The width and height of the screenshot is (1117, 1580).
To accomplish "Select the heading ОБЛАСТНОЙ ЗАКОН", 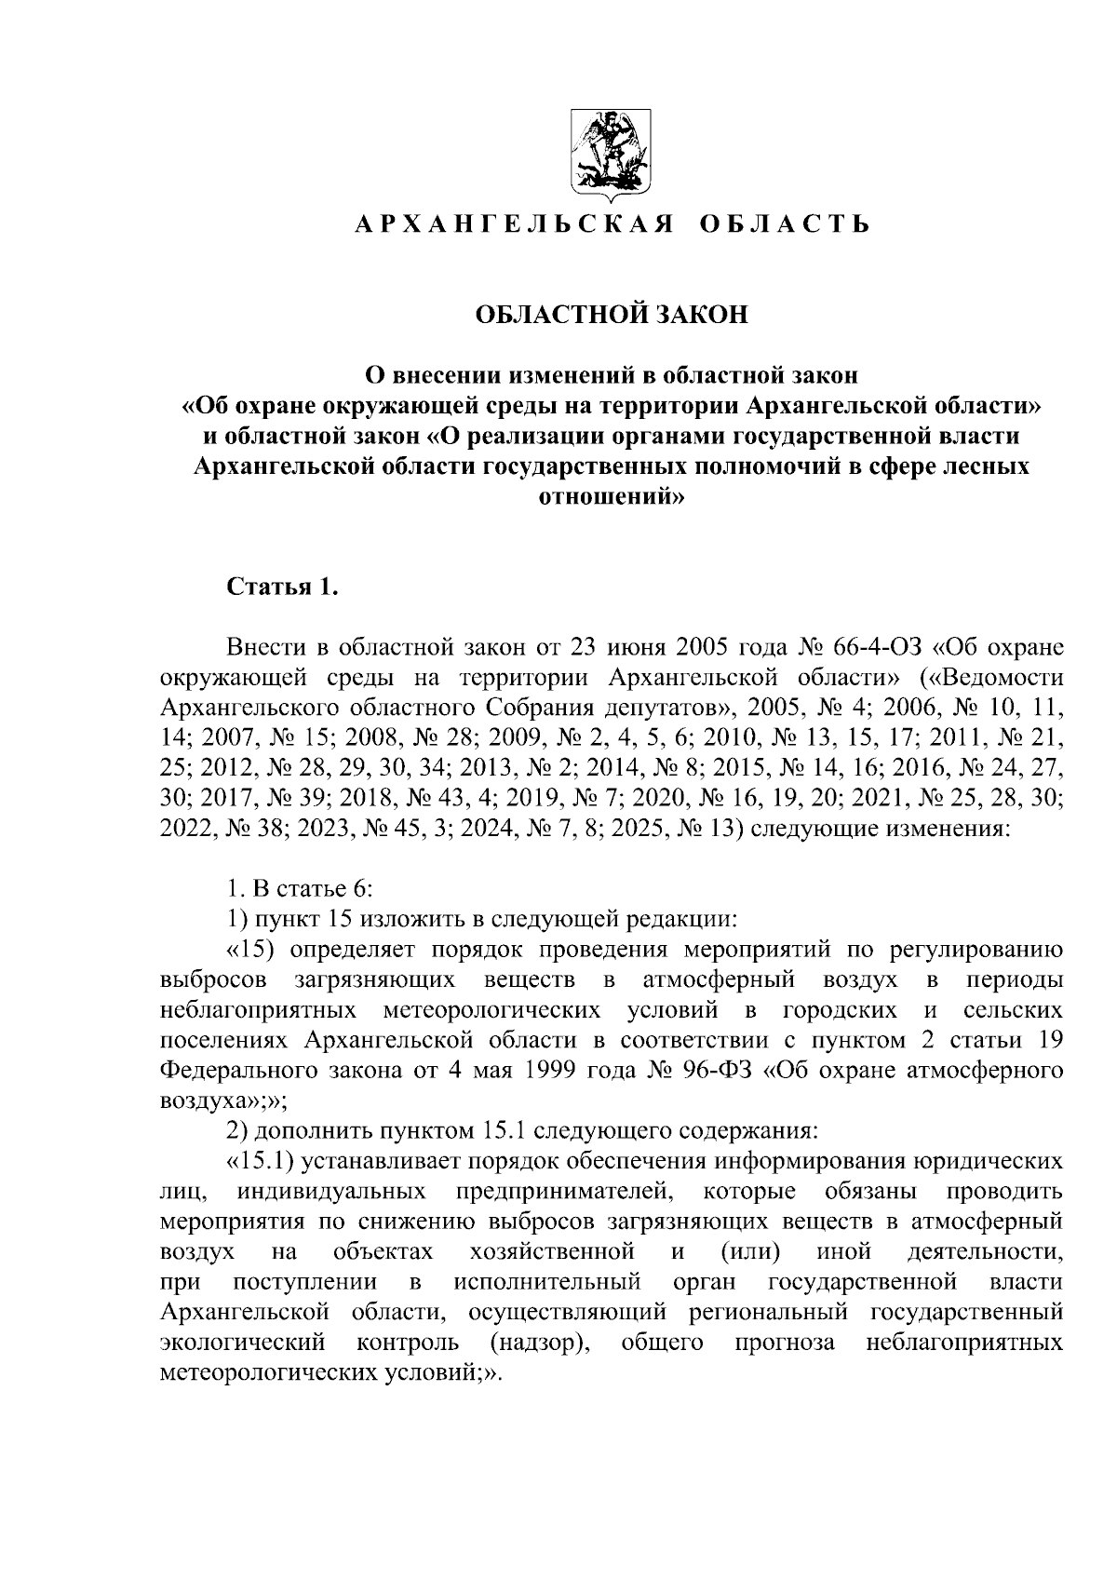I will click(x=612, y=315).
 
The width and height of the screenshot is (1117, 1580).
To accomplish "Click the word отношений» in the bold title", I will click(x=612, y=495).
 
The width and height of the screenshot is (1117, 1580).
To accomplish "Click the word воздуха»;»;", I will click(x=223, y=1100).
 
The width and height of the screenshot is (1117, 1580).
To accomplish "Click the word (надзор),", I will click(x=540, y=1343).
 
